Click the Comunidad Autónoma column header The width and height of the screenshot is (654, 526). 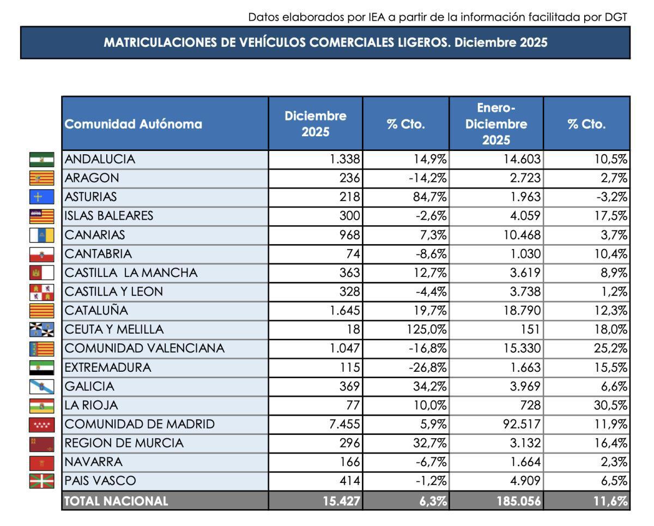tap(134, 124)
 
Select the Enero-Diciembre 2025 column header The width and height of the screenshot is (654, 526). tap(496, 124)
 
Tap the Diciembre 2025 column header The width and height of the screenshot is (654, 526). tap(315, 124)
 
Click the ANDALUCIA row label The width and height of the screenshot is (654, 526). tap(100, 159)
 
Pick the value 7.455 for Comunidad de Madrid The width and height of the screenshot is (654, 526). tap(344, 424)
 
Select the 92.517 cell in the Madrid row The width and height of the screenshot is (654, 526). tap(520, 424)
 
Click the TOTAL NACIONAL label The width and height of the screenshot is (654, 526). tap(117, 501)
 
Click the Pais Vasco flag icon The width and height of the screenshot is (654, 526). tap(41, 481)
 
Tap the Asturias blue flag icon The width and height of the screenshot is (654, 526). tap(41, 197)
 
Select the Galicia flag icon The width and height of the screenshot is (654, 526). tap(41, 386)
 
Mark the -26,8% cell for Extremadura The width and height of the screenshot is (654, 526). tap(428, 367)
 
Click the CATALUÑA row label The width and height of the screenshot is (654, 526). tap(96, 311)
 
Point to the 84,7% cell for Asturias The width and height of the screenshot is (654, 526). tap(430, 197)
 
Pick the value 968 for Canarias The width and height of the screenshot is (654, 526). tap(349, 235)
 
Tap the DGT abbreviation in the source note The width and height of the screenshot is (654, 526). tap(616, 17)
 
